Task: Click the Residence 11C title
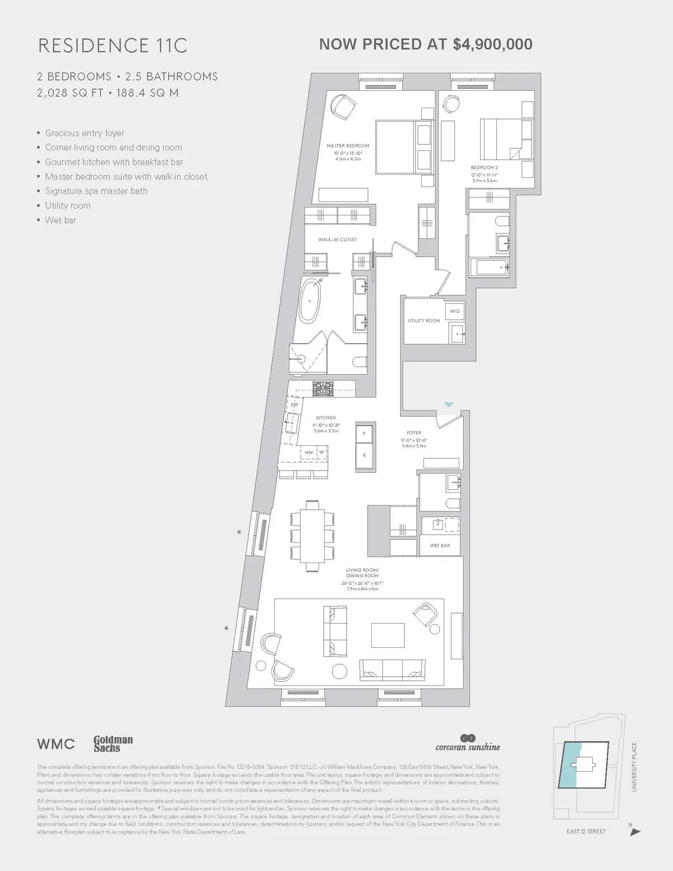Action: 112,45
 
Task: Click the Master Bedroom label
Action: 348,146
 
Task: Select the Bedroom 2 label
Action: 484,168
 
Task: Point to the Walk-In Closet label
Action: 338,239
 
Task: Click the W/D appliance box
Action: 454,311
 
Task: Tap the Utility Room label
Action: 423,321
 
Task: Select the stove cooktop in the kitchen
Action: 323,389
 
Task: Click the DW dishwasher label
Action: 294,404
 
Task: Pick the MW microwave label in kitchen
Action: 308,452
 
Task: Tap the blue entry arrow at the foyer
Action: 449,404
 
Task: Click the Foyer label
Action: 414,433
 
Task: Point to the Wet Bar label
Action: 440,545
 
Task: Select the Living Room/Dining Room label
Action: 362,573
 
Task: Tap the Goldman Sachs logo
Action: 113,744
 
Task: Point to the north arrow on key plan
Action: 635,832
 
